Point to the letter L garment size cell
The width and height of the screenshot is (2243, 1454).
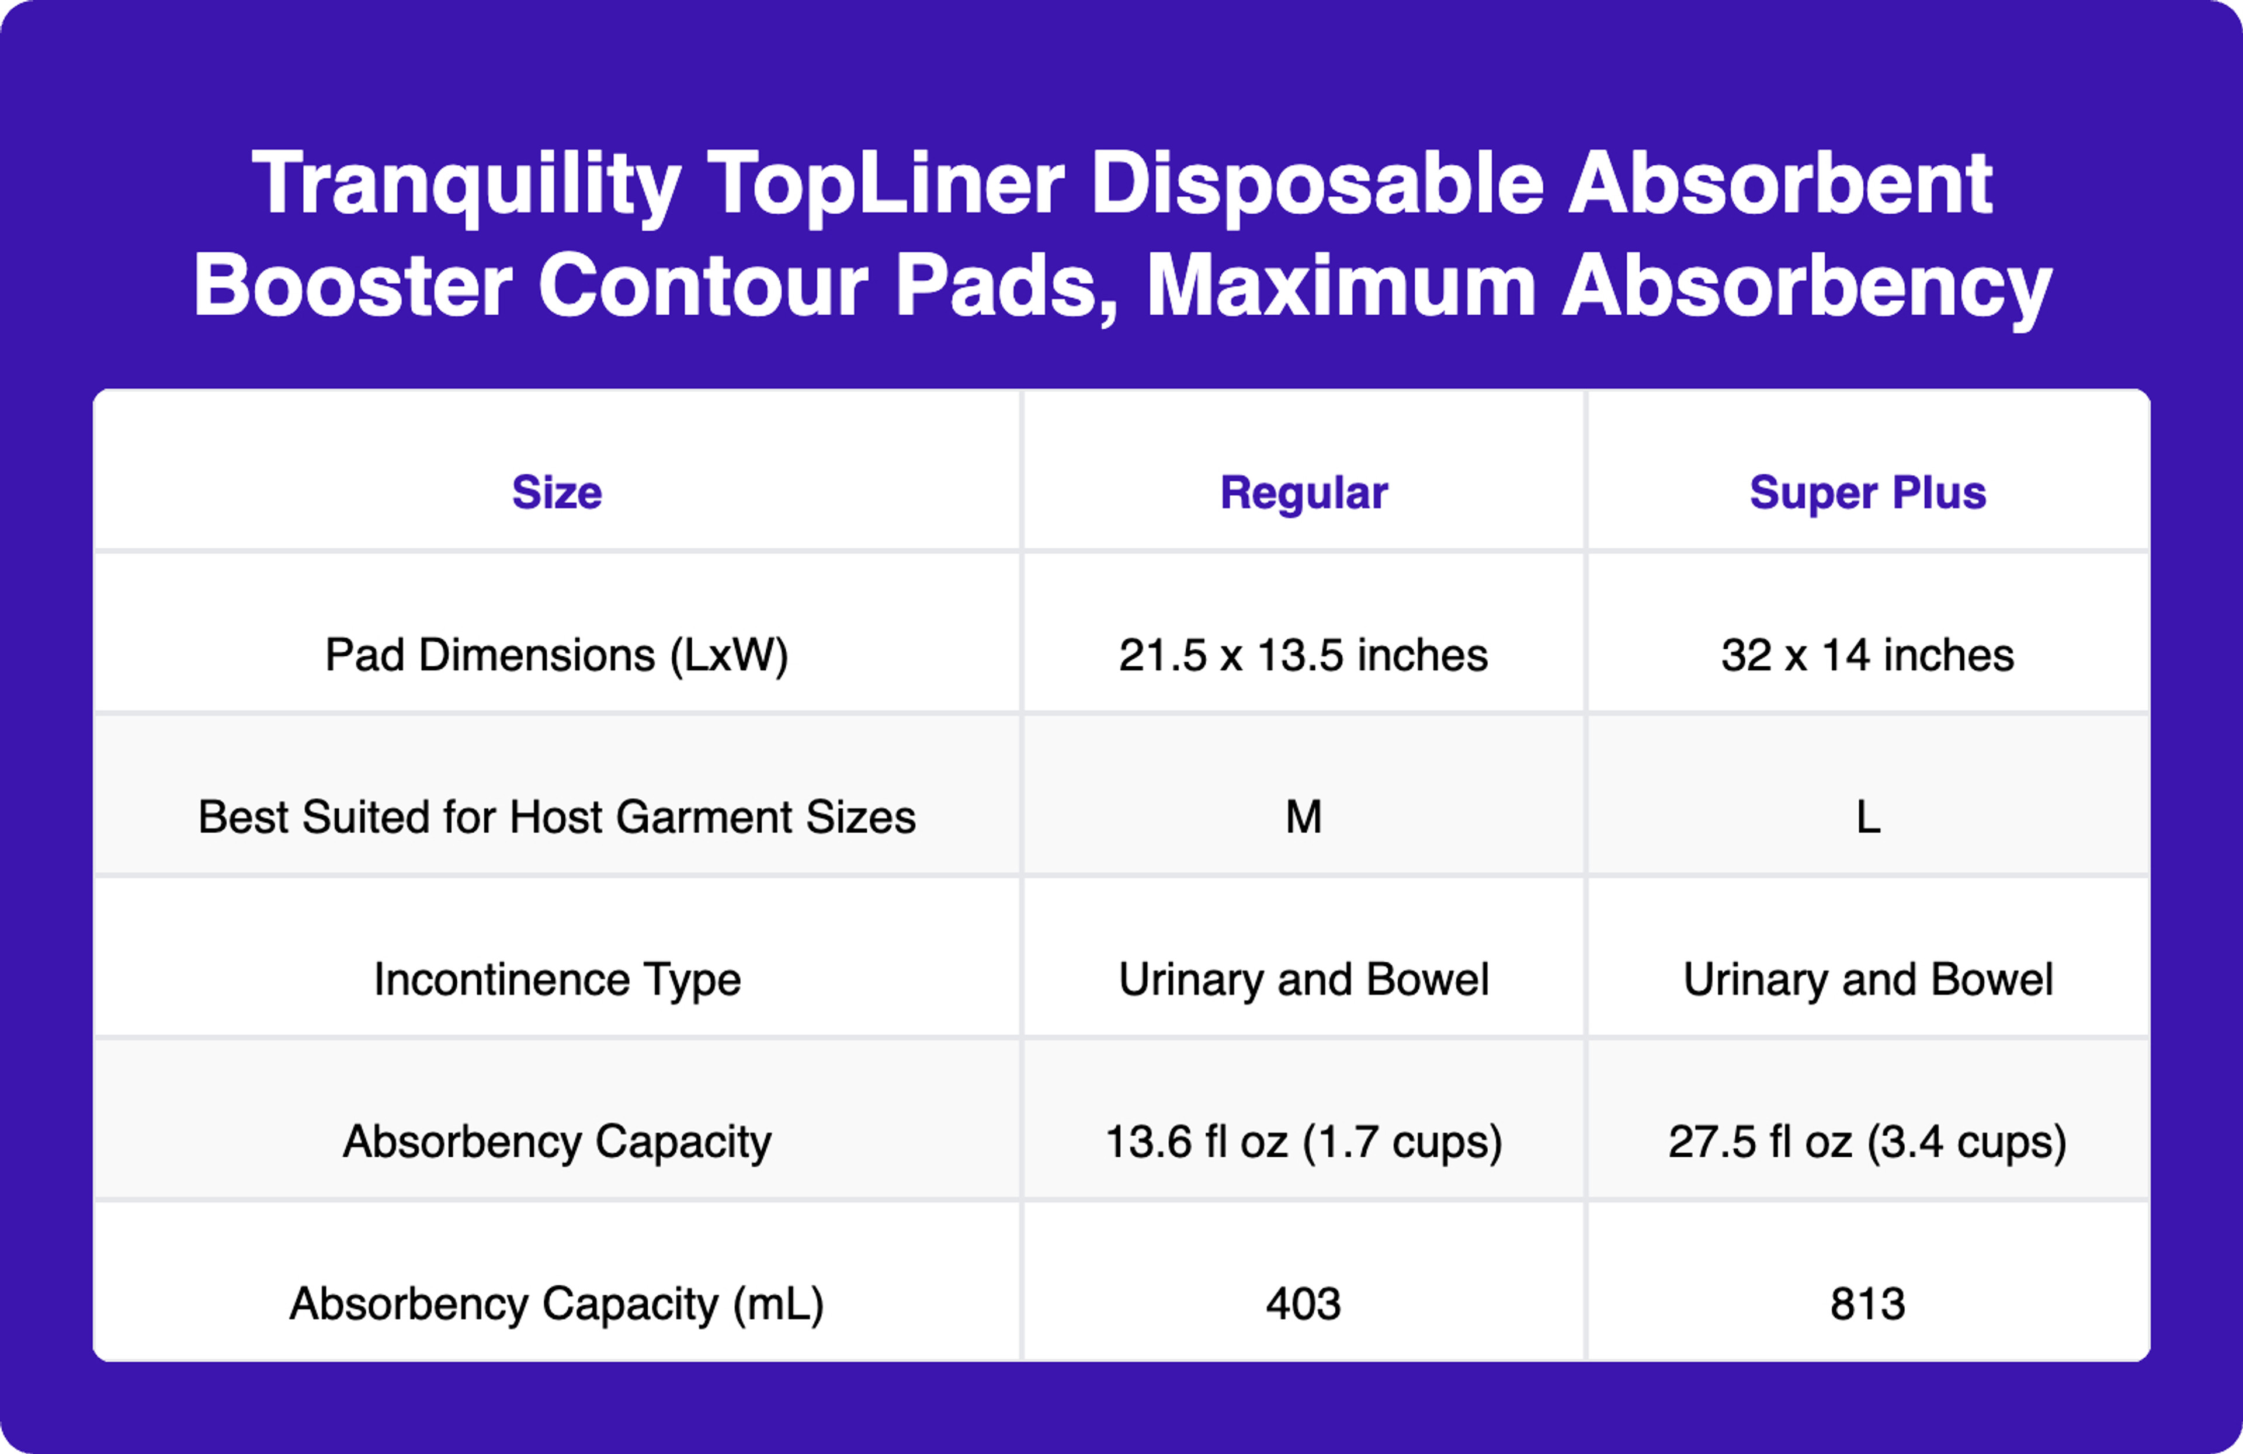(1868, 817)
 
